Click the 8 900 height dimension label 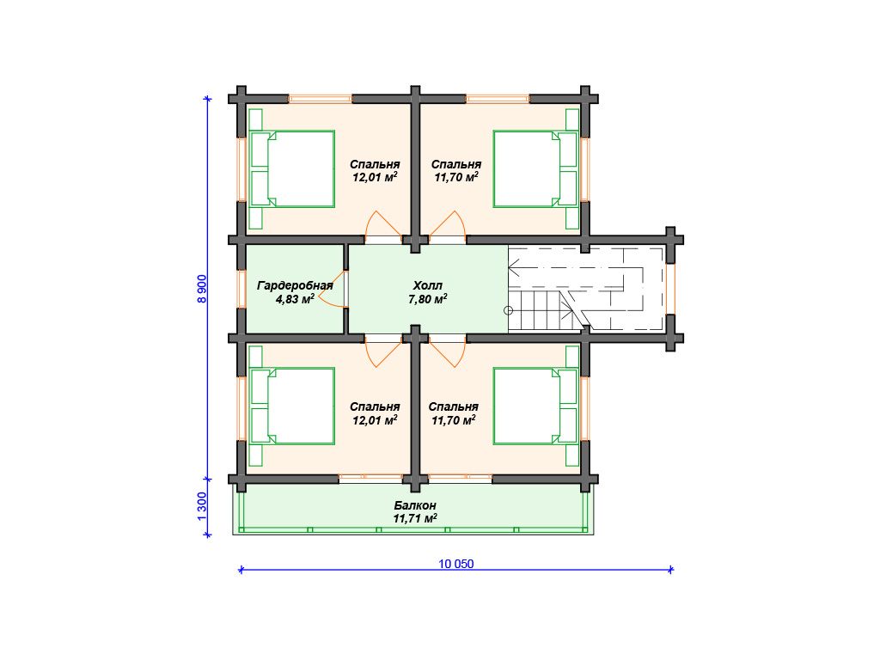click(202, 289)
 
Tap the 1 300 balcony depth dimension click(202, 506)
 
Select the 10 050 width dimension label click(456, 564)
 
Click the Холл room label click(428, 285)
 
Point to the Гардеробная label click(296, 285)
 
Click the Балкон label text click(415, 505)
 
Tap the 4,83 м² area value click(295, 299)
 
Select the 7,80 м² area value click(428, 299)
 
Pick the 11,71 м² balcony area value click(415, 519)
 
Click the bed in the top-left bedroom click(292, 169)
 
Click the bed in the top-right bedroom click(535, 169)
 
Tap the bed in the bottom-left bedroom click(292, 406)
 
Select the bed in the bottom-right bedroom click(535, 406)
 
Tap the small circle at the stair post click(509, 310)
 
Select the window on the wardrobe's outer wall click(241, 289)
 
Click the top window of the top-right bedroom click(498, 99)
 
